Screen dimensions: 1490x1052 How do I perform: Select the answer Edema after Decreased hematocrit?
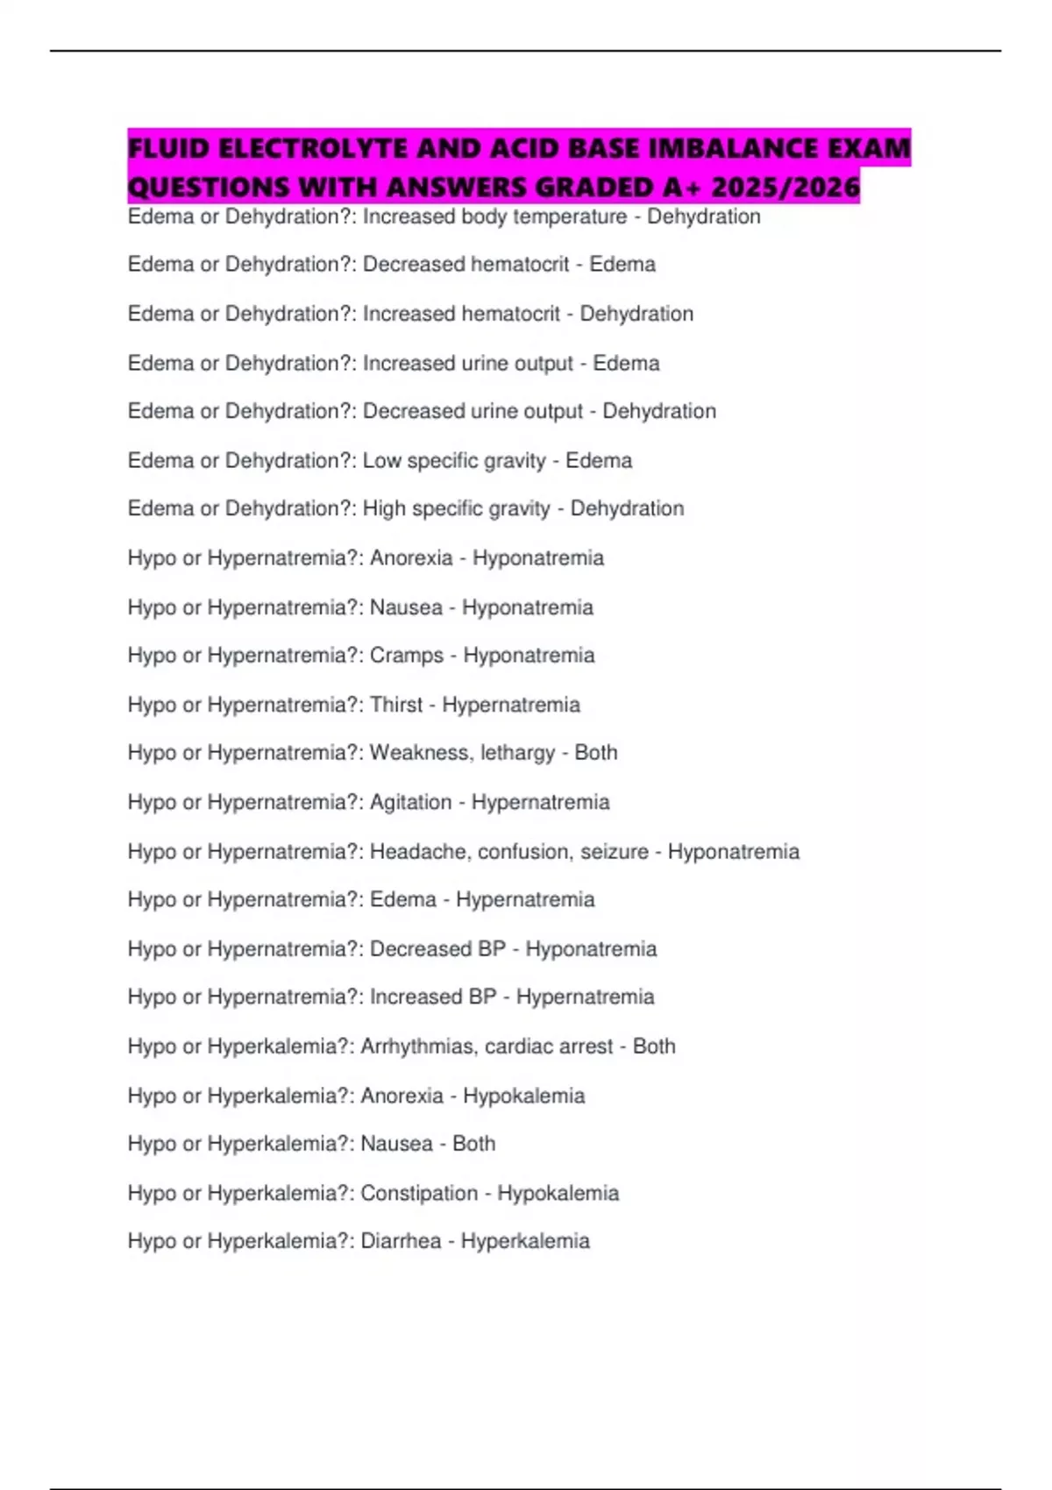(x=622, y=265)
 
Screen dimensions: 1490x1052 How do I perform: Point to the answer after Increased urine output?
(x=626, y=363)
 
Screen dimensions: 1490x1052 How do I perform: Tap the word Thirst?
(x=396, y=705)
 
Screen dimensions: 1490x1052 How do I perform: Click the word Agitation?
(x=411, y=802)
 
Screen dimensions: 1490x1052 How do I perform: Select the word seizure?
(x=615, y=851)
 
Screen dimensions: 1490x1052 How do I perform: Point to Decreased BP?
(x=437, y=948)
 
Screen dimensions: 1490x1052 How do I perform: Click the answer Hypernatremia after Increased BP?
(x=585, y=997)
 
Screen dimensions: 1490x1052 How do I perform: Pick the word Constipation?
(x=419, y=1193)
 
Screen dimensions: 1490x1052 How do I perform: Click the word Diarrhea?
(x=401, y=1241)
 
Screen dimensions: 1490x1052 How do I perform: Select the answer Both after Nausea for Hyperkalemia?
(x=473, y=1144)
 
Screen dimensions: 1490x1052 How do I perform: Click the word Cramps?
(x=407, y=656)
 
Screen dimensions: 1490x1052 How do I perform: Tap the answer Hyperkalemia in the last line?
(x=525, y=1241)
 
